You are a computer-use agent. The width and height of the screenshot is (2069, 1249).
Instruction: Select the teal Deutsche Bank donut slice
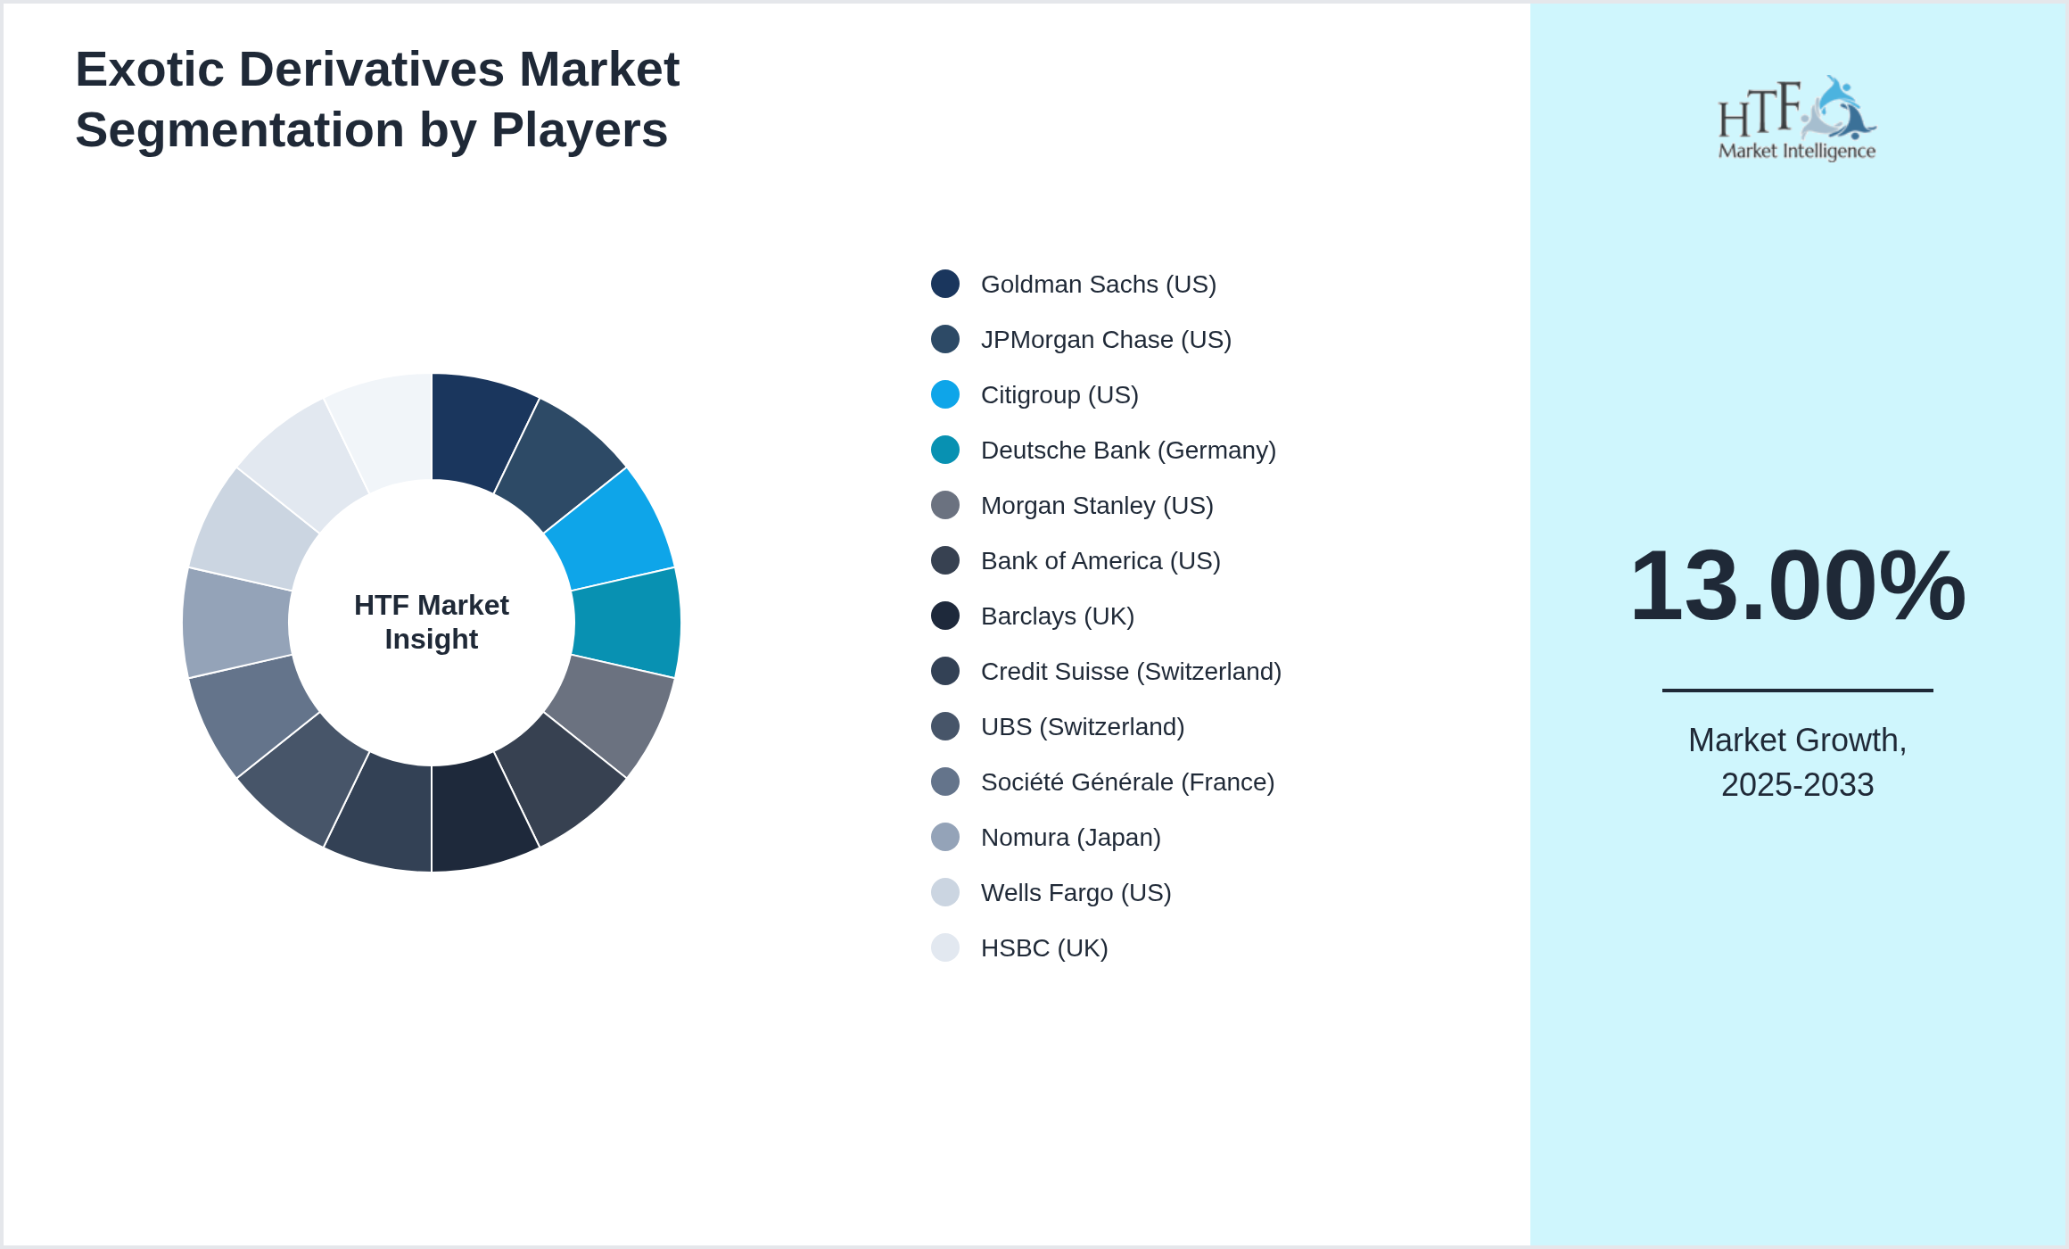pyautogui.click(x=626, y=623)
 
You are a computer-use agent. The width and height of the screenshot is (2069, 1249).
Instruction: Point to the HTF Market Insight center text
pyautogui.click(x=432, y=622)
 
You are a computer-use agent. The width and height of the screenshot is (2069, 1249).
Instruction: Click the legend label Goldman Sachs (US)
pyautogui.click(x=1098, y=284)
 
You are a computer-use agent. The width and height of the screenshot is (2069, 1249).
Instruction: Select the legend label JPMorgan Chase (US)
pyautogui.click(x=1105, y=339)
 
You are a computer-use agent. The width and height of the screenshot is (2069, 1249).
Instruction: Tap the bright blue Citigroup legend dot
pyautogui.click(x=945, y=394)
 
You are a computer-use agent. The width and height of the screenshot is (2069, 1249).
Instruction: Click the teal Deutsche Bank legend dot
pyautogui.click(x=945, y=450)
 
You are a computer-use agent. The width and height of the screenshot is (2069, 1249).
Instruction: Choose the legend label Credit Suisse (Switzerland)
pyautogui.click(x=1130, y=671)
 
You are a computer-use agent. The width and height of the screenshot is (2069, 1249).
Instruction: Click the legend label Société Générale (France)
pyautogui.click(x=1126, y=782)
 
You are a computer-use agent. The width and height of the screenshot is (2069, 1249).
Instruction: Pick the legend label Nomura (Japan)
pyautogui.click(x=1070, y=837)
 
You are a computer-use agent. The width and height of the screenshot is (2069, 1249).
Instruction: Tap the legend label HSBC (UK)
pyautogui.click(x=1043, y=947)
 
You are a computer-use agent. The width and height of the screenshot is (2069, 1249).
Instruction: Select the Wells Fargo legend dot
pyautogui.click(x=945, y=892)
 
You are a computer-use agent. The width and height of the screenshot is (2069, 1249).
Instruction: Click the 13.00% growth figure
pyautogui.click(x=1797, y=586)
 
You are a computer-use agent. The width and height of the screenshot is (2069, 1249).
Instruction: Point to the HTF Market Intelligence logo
pyautogui.click(x=1797, y=118)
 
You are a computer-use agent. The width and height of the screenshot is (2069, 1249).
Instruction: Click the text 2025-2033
pyautogui.click(x=1797, y=785)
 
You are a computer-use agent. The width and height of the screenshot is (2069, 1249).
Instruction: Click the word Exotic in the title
pyautogui.click(x=149, y=70)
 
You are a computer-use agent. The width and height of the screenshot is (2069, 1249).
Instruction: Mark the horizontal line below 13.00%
pyautogui.click(x=1797, y=690)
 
